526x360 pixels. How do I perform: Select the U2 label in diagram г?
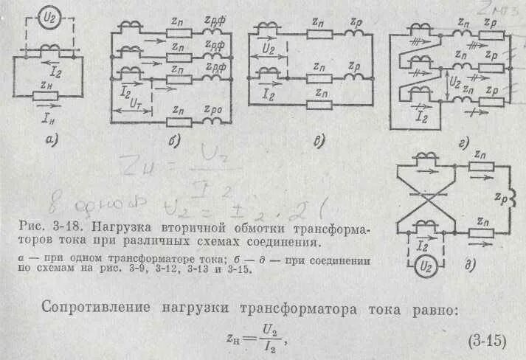coord(455,80)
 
